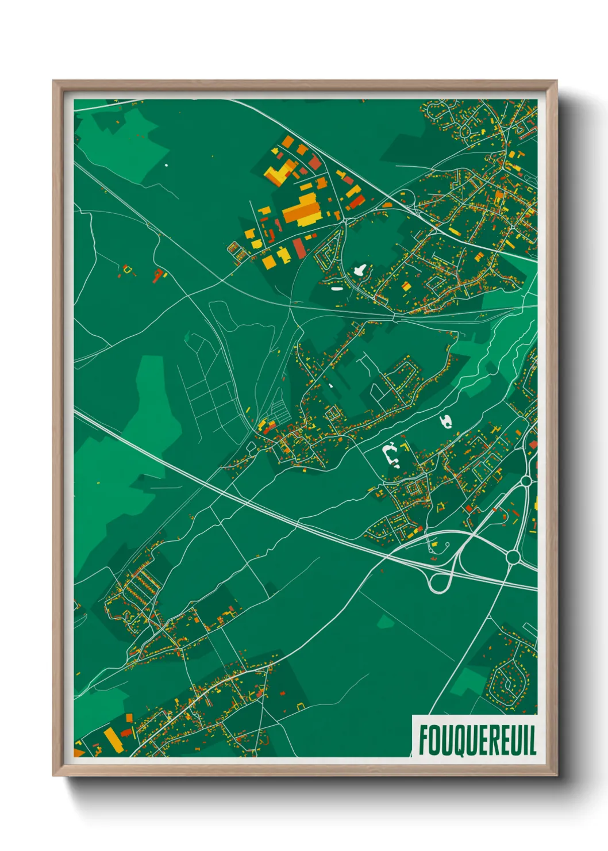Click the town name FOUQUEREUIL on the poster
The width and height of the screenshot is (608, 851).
click(x=477, y=739)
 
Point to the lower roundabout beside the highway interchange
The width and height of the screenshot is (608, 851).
click(x=513, y=557)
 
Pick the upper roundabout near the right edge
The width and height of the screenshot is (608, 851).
click(x=526, y=480)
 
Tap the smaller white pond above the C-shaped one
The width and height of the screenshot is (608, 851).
click(x=445, y=422)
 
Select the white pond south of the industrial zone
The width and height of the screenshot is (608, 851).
click(x=360, y=270)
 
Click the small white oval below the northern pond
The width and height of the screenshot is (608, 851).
click(x=336, y=289)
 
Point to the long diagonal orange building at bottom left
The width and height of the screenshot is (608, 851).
click(x=113, y=739)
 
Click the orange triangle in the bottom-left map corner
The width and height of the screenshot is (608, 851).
click(x=79, y=752)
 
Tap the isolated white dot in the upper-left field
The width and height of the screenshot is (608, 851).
click(x=167, y=165)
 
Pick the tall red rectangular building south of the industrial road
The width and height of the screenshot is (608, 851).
click(x=299, y=248)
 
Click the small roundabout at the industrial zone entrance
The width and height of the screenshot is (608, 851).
click(x=347, y=220)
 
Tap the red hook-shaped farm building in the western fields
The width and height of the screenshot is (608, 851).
click(x=158, y=275)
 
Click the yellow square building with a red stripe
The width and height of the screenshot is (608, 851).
click(x=406, y=286)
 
